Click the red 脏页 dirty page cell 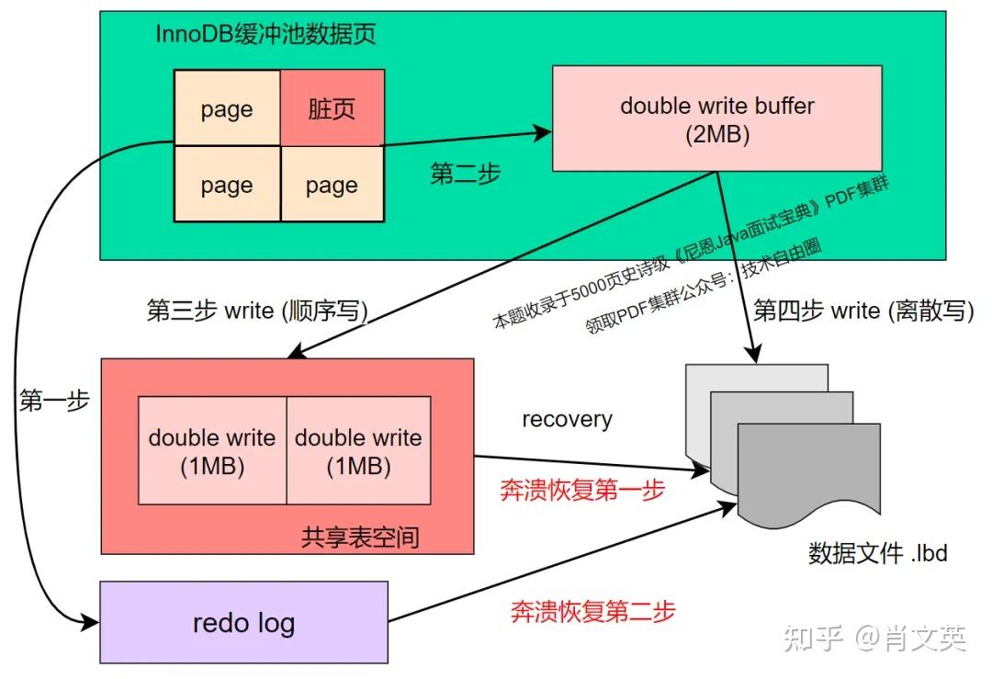[333, 108]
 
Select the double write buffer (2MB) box [716, 119]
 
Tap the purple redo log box [243, 622]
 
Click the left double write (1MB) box [212, 450]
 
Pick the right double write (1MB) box [359, 450]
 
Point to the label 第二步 [465, 173]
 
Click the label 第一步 [54, 400]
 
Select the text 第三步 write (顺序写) [257, 310]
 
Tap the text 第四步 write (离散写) [863, 310]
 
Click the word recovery [567, 419]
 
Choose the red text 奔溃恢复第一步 [582, 490]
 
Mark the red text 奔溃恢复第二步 [592, 611]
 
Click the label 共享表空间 [360, 537]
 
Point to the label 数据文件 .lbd [877, 552]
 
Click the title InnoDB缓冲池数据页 [265, 33]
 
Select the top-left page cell [227, 108]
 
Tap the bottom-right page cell [333, 184]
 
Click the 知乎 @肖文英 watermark [875, 638]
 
